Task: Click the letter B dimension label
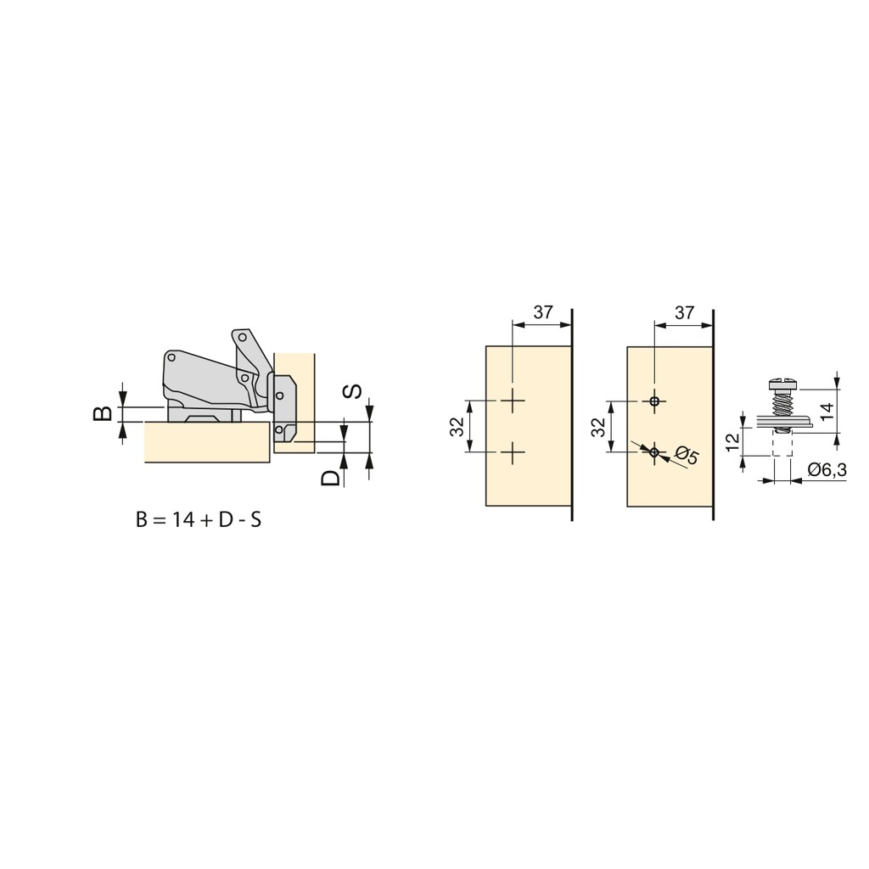103,413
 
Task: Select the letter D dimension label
331,478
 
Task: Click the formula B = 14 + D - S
199,520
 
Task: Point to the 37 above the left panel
543,312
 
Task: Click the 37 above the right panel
685,312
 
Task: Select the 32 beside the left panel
457,427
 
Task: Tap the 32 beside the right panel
598,427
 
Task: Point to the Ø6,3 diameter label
827,470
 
